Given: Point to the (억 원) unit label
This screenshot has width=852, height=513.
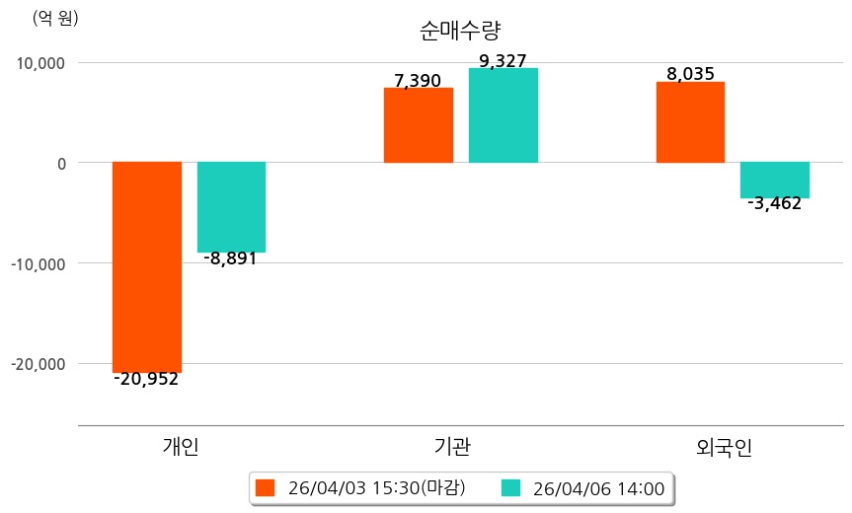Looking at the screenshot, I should (55, 18).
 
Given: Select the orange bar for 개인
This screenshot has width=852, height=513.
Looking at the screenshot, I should (147, 266).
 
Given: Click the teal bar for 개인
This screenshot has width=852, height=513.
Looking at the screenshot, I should (231, 207).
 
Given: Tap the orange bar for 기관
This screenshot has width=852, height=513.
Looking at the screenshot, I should (419, 125).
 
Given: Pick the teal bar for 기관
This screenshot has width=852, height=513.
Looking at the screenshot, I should (503, 115).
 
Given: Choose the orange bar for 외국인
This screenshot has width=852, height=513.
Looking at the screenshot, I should (690, 122).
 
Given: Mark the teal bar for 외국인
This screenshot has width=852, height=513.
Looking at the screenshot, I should (775, 180).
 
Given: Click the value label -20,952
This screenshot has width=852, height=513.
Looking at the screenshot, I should (146, 379).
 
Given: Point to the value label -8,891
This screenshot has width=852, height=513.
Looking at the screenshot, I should (230, 259).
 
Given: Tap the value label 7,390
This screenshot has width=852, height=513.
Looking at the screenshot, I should (418, 81).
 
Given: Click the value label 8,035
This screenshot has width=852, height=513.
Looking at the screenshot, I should (690, 74).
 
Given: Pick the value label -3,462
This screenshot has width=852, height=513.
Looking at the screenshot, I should (775, 204).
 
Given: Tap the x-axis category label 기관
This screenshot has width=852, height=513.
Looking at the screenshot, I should (452, 446).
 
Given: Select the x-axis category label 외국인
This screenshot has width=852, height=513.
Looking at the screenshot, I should (725, 447).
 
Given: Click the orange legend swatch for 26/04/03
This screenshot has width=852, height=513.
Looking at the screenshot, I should (265, 487).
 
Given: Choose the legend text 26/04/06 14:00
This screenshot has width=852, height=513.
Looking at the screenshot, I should (598, 488).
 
